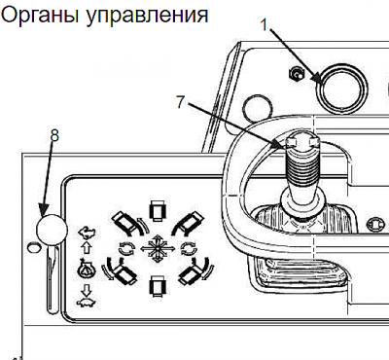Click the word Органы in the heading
click(x=40, y=16)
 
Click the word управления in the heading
click(x=147, y=16)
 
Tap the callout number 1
click(x=265, y=24)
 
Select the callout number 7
click(x=181, y=102)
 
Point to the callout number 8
click(x=54, y=135)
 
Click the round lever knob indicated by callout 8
click(x=52, y=230)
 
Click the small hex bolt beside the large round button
click(x=297, y=75)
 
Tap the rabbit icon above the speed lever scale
click(x=87, y=233)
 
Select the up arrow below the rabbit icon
click(x=87, y=248)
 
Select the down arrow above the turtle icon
click(x=87, y=289)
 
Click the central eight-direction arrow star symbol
click(x=158, y=248)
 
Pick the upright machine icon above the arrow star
click(x=158, y=210)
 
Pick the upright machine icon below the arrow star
click(x=158, y=286)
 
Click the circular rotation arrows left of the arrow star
click(x=126, y=249)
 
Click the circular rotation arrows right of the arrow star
click(x=189, y=249)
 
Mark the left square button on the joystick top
click(x=292, y=143)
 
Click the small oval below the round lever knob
click(x=33, y=248)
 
